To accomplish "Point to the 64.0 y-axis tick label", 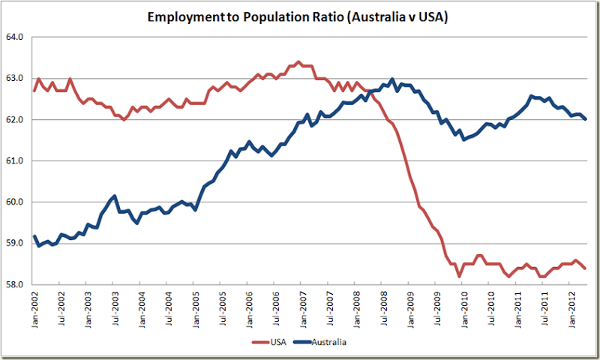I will [x=16, y=37].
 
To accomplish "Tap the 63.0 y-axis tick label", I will [x=16, y=78].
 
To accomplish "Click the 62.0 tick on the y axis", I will [x=16, y=119].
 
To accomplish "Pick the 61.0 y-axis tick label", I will [x=16, y=160].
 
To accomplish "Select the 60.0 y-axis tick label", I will [x=16, y=202].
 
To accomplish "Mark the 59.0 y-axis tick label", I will [x=16, y=243].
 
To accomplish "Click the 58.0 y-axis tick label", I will [x=16, y=285].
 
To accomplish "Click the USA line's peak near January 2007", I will [x=298, y=61].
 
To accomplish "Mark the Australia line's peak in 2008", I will [x=393, y=79].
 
